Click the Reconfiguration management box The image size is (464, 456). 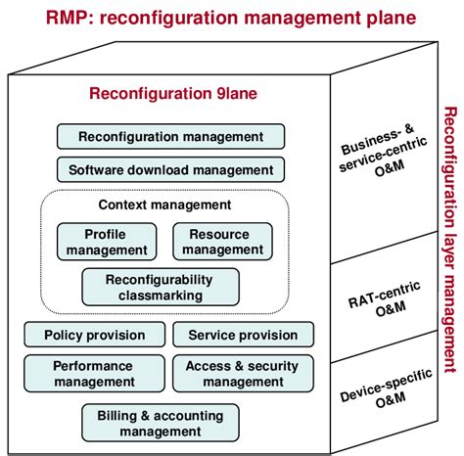(170, 136)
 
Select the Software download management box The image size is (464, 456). (170, 169)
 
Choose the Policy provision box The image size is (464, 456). (94, 335)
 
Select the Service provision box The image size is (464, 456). (244, 335)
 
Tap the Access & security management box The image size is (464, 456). (243, 374)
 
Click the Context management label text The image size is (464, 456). (165, 205)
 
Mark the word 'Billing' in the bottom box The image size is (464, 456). (119, 415)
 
